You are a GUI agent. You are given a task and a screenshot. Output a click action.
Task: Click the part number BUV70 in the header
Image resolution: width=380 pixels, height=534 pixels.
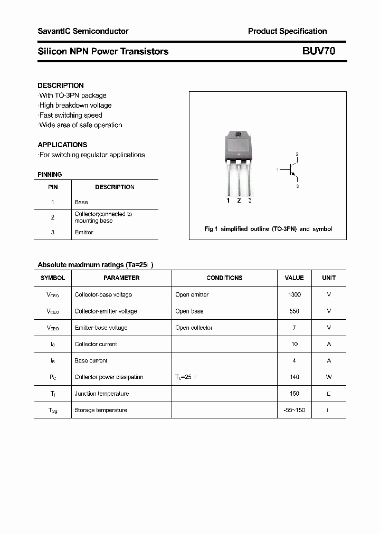318,51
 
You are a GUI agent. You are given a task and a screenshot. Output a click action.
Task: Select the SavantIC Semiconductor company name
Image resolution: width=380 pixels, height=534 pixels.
83,31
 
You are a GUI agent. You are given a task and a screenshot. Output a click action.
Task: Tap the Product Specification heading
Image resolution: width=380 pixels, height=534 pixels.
287,31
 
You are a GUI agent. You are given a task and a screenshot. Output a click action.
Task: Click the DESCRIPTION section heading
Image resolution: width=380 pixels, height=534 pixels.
61,85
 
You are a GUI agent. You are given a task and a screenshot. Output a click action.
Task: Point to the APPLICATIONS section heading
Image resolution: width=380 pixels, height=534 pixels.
62,145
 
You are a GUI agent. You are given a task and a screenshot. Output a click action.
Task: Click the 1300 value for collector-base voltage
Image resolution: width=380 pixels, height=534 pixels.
294,294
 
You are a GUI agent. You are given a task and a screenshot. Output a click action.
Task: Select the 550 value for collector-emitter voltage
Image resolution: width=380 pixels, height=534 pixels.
294,311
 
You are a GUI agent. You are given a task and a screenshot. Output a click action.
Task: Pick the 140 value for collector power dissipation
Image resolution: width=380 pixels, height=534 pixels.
294,377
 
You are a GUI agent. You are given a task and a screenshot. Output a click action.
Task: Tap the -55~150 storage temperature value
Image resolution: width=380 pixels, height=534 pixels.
294,410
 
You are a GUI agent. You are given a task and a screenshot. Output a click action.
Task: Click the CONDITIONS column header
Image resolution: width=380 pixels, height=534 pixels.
224,278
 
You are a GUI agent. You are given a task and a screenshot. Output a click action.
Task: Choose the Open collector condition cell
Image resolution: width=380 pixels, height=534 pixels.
194,328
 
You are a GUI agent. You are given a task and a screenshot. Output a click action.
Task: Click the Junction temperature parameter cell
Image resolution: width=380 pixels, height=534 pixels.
101,394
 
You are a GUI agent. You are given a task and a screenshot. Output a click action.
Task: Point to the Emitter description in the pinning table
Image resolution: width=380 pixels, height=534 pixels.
84,232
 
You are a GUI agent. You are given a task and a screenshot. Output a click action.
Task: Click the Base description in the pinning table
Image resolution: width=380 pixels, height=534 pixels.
81,202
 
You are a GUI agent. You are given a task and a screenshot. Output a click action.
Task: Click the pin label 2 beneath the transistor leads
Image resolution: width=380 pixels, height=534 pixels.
239,201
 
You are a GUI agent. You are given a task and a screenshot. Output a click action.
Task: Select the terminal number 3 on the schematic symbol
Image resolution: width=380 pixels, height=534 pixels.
297,186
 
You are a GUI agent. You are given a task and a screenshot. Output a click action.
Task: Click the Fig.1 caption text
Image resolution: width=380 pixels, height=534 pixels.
268,229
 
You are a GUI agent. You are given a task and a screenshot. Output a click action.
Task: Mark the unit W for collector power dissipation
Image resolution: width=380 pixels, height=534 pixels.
329,377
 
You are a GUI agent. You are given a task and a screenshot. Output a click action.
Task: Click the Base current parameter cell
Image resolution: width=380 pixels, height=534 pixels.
91,360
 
